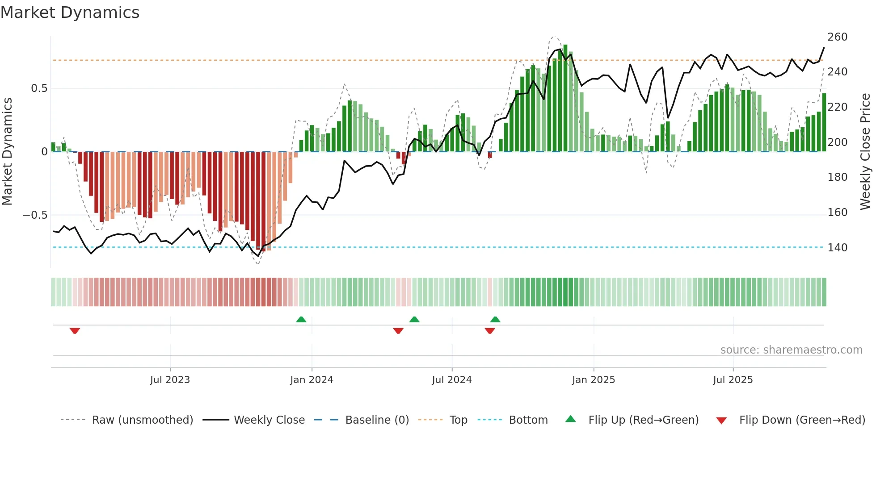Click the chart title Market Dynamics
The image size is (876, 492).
pyautogui.click(x=70, y=13)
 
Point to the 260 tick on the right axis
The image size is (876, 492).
pyautogui.click(x=837, y=37)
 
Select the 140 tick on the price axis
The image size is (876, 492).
pyautogui.click(x=837, y=247)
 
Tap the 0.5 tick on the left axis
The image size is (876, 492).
pyautogui.click(x=39, y=88)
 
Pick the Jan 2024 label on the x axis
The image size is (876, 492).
pyautogui.click(x=312, y=380)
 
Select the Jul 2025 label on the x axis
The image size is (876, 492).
pyautogui.click(x=733, y=380)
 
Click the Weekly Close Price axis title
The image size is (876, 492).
pyautogui.click(x=865, y=152)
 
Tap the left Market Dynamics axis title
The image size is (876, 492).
pyautogui.click(x=7, y=152)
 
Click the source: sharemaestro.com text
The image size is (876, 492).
pyautogui.click(x=791, y=350)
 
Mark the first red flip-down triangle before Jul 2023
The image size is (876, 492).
pyautogui.click(x=75, y=331)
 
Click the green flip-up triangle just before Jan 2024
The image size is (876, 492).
pyautogui.click(x=301, y=320)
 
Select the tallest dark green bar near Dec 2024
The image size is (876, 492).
pyautogui.click(x=565, y=98)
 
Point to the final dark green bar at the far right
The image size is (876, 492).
pyautogui.click(x=824, y=122)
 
